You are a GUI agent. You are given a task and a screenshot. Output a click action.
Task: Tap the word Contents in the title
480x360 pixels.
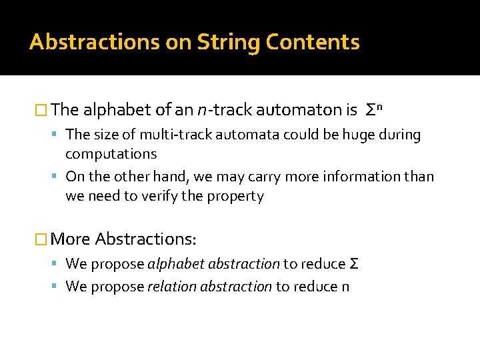pos(313,42)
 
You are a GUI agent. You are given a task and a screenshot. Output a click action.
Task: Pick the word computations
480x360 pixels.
pos(111,154)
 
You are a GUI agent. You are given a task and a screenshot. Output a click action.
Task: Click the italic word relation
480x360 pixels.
pos(170,287)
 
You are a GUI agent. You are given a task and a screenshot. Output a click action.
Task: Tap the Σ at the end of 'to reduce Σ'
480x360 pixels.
pos(354,263)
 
